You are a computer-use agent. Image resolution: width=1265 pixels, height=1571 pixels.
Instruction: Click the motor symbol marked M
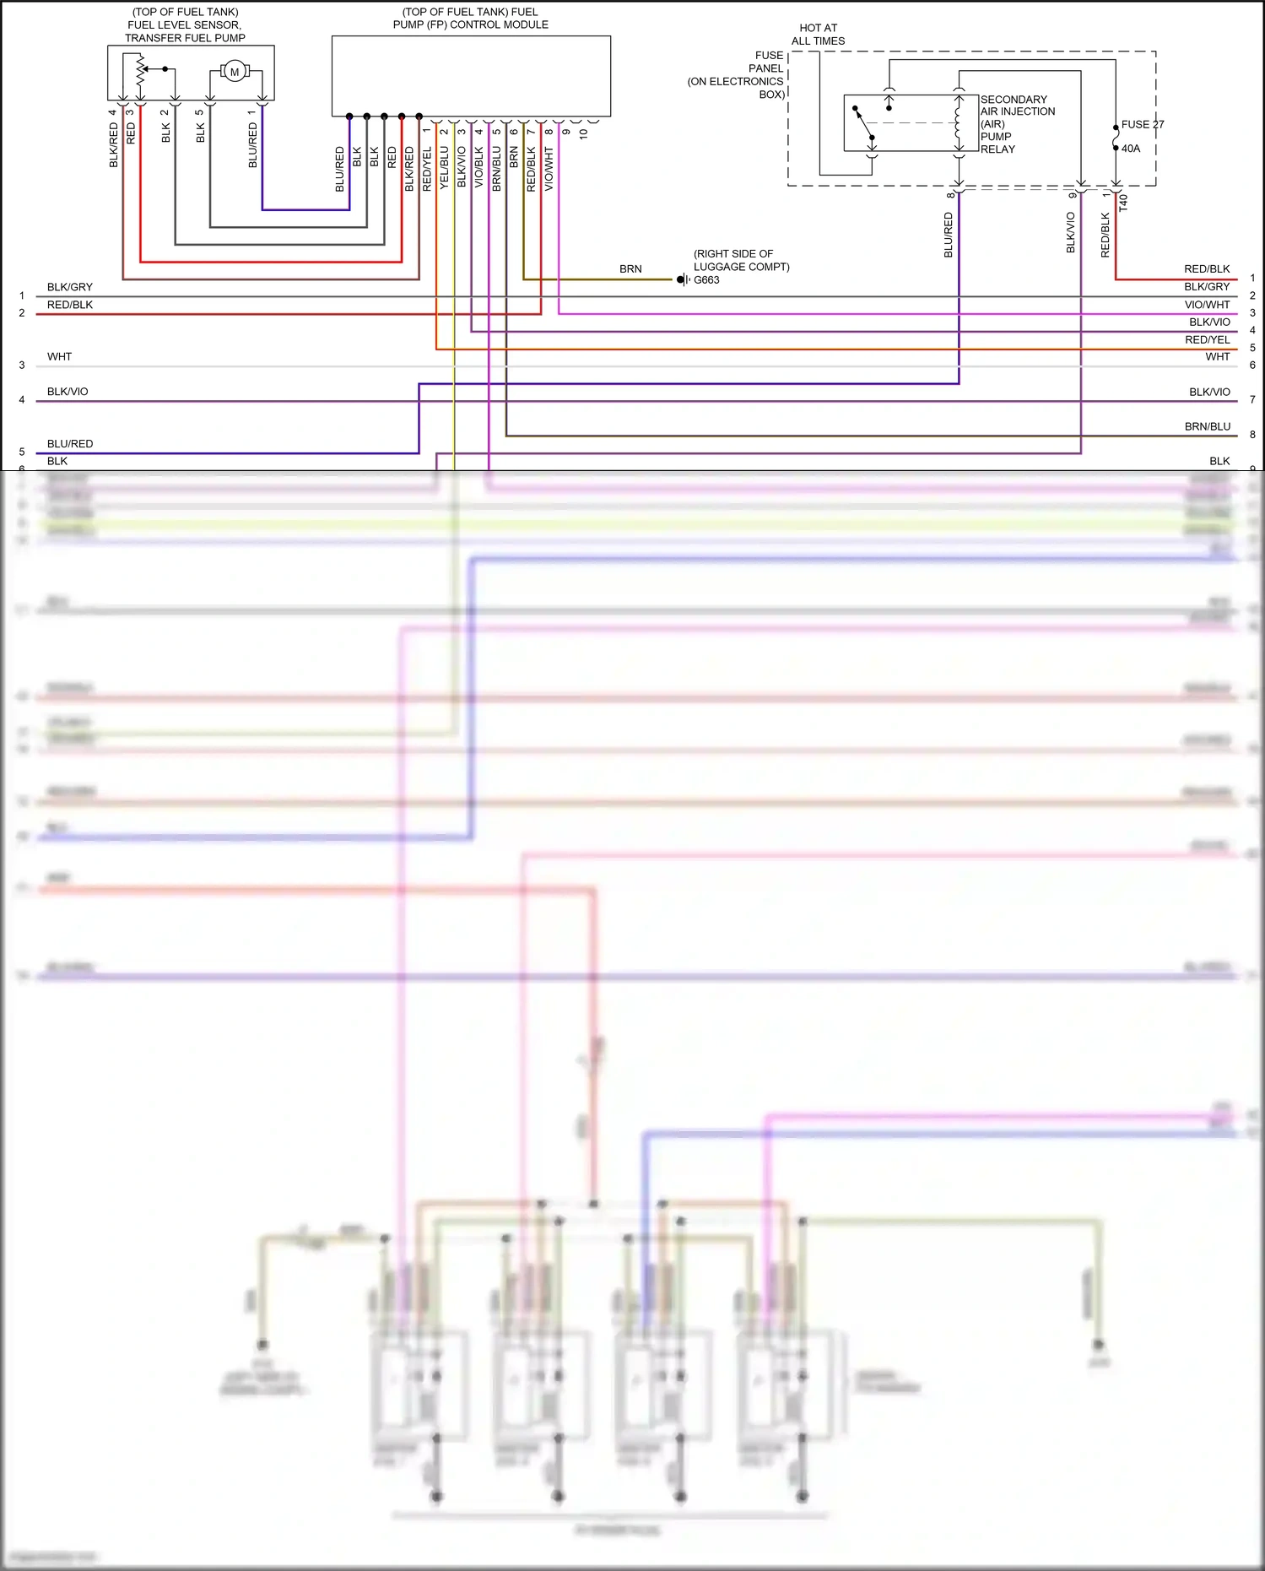(235, 72)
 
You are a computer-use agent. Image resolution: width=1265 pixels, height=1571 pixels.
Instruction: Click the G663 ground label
(706, 280)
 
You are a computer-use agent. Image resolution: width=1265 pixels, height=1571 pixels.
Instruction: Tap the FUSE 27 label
(1142, 124)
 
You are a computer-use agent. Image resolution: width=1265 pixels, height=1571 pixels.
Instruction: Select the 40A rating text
(1130, 149)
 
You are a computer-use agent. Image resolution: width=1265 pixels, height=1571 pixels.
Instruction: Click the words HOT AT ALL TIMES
(818, 35)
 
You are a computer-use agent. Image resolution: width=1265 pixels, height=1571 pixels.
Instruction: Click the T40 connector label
(1123, 203)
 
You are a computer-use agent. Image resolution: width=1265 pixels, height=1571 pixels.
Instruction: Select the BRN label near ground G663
(630, 269)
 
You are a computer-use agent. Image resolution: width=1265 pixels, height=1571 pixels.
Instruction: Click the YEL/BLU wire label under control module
(444, 167)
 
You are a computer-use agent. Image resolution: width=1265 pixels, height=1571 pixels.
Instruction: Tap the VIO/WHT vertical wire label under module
(549, 169)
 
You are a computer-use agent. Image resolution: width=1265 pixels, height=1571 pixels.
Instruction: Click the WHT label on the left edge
(59, 357)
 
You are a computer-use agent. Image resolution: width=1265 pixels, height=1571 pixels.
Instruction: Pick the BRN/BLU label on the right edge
(1207, 427)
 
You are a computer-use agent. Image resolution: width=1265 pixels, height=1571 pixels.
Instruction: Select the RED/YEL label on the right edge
(1207, 340)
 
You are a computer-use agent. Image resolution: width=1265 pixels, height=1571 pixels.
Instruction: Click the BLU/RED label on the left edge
(70, 444)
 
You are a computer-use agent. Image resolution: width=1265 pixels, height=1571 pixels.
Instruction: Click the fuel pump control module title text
(470, 19)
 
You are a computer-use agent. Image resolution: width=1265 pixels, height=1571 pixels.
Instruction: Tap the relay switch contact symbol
(863, 124)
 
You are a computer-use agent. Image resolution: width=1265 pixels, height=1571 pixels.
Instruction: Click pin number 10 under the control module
(583, 133)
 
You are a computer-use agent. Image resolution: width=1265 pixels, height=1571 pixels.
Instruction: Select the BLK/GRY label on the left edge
(70, 288)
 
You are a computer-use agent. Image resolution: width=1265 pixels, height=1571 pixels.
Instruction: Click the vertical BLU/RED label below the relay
(948, 235)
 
